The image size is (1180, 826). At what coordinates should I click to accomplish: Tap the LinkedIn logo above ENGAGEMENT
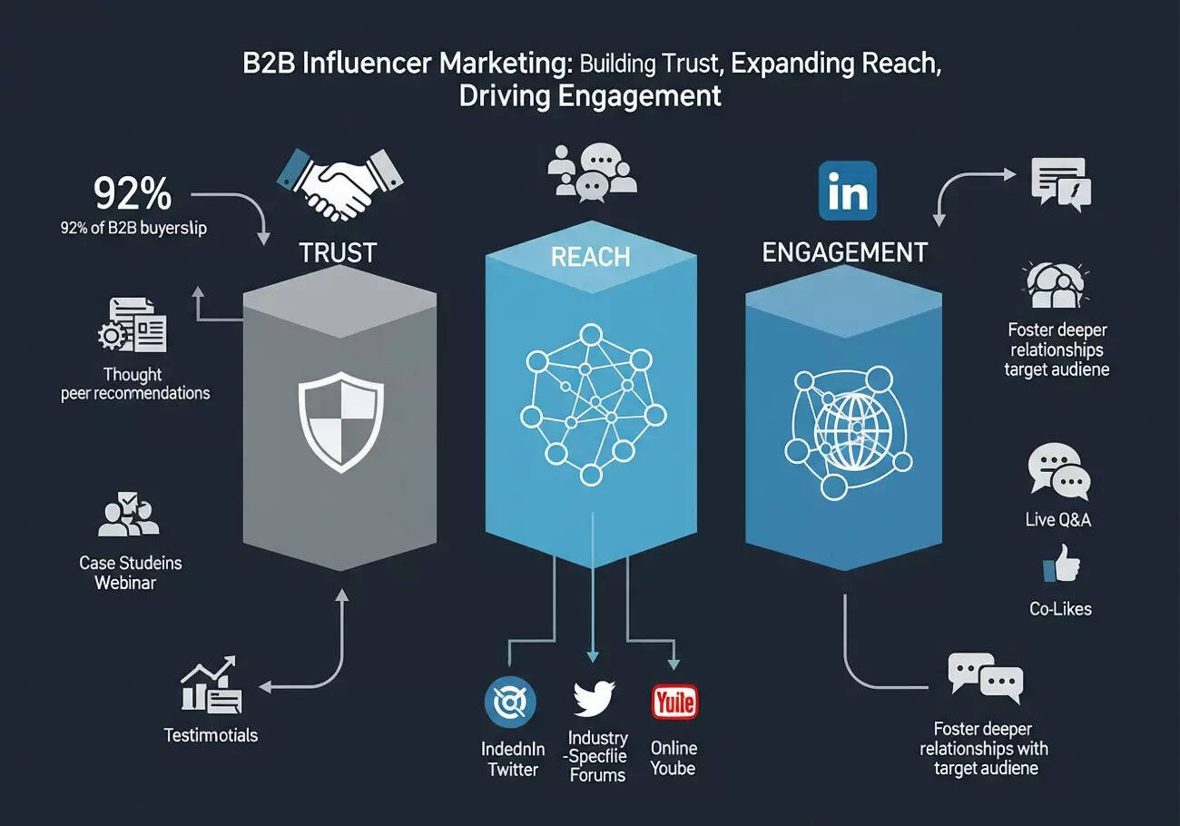847,191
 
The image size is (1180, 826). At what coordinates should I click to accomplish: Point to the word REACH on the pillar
590,257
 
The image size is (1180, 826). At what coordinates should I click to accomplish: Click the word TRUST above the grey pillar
338,252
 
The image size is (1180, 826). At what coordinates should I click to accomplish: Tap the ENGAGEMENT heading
844,251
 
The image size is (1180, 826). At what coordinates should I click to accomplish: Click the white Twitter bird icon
595,698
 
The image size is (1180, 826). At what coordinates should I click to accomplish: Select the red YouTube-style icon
674,702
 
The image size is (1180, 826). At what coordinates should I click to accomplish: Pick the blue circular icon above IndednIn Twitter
511,703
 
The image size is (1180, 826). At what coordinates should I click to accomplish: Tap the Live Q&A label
1057,519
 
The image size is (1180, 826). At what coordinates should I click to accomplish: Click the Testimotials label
211,734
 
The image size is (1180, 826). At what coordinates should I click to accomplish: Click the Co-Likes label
1060,608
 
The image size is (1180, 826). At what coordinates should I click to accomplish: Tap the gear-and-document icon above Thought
133,325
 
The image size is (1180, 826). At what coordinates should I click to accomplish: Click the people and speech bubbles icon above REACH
593,170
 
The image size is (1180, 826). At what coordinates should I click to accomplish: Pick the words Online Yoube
674,758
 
